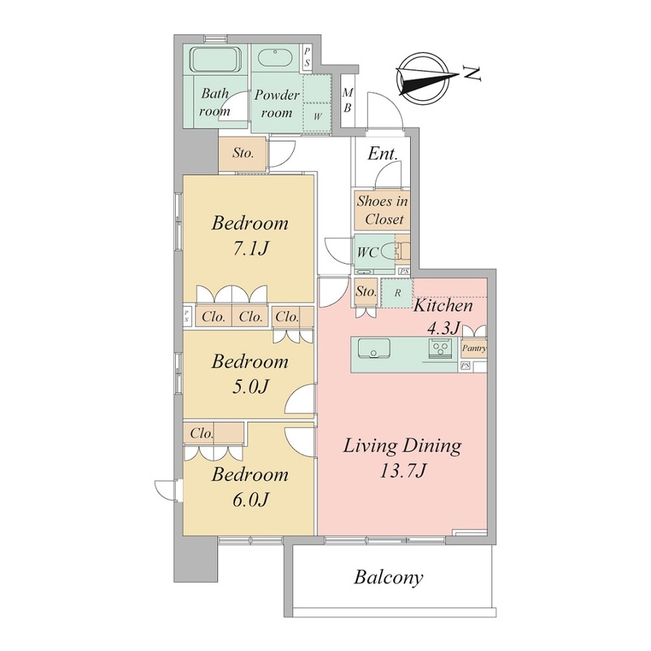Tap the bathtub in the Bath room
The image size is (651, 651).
click(x=216, y=59)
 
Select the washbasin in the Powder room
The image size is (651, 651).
click(x=275, y=58)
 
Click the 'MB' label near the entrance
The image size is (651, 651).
click(x=347, y=100)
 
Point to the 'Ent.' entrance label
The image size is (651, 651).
click(x=382, y=154)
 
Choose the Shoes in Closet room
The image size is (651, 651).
click(x=382, y=210)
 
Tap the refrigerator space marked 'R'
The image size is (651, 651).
click(x=397, y=293)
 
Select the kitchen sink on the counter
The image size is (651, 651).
click(x=374, y=348)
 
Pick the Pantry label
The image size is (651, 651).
click(x=474, y=348)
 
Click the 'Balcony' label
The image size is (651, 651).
click(x=388, y=577)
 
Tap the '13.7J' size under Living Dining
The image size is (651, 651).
click(x=403, y=471)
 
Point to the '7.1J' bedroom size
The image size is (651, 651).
click(x=251, y=248)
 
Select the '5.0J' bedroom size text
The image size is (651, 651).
click(x=251, y=387)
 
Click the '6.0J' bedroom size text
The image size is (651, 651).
click(x=251, y=500)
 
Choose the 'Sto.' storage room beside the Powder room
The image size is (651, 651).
click(x=242, y=153)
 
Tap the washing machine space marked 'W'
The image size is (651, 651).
click(x=317, y=116)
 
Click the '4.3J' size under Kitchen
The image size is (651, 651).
click(x=443, y=329)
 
